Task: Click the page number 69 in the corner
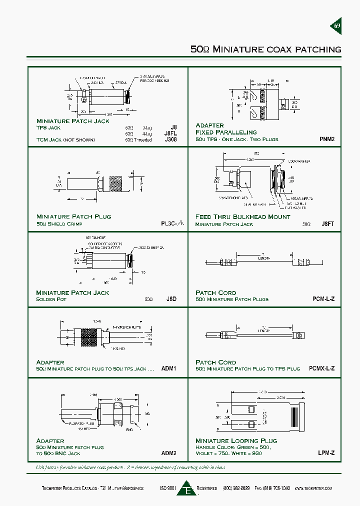[336, 26]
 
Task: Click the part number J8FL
[170, 133]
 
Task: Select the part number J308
[170, 140]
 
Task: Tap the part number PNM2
[327, 139]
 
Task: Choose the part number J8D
[171, 299]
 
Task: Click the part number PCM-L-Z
[323, 299]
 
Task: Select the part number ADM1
[169, 368]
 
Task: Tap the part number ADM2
[169, 453]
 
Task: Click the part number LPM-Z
[326, 453]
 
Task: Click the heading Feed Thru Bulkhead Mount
[242, 217]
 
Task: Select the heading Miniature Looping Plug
[236, 440]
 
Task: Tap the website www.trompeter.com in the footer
[313, 488]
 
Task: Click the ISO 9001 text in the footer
[168, 488]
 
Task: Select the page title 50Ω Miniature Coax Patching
[266, 49]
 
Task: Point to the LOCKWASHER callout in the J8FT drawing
[299, 161]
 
